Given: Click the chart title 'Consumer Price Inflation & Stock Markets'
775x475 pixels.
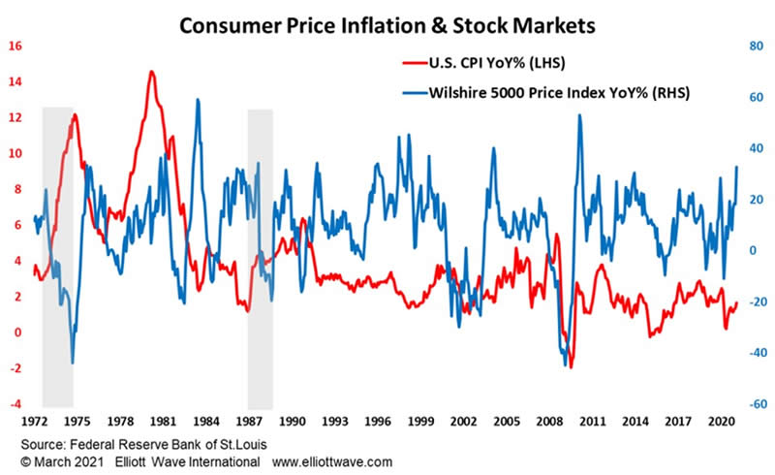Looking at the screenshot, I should [x=387, y=21].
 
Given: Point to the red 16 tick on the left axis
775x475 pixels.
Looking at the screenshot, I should [x=15, y=47].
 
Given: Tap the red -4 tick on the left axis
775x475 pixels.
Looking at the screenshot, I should [x=15, y=404].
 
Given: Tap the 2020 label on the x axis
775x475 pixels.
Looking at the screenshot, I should [x=720, y=423].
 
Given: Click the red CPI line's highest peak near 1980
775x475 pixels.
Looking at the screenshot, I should [x=151, y=72].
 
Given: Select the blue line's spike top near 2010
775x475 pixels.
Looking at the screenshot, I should [x=578, y=115].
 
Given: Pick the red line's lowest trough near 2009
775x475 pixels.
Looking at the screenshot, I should [x=572, y=367].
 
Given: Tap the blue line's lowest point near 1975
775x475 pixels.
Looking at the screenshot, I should [x=73, y=363].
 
